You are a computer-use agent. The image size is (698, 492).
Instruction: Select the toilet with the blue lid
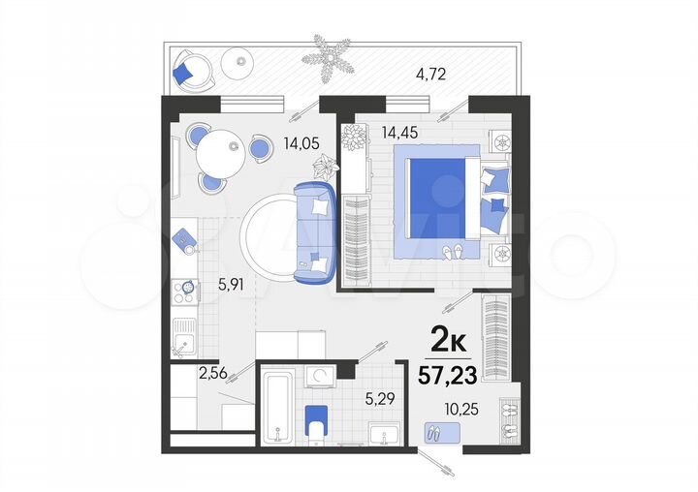(315, 422)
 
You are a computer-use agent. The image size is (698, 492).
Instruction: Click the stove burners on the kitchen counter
(183, 291)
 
